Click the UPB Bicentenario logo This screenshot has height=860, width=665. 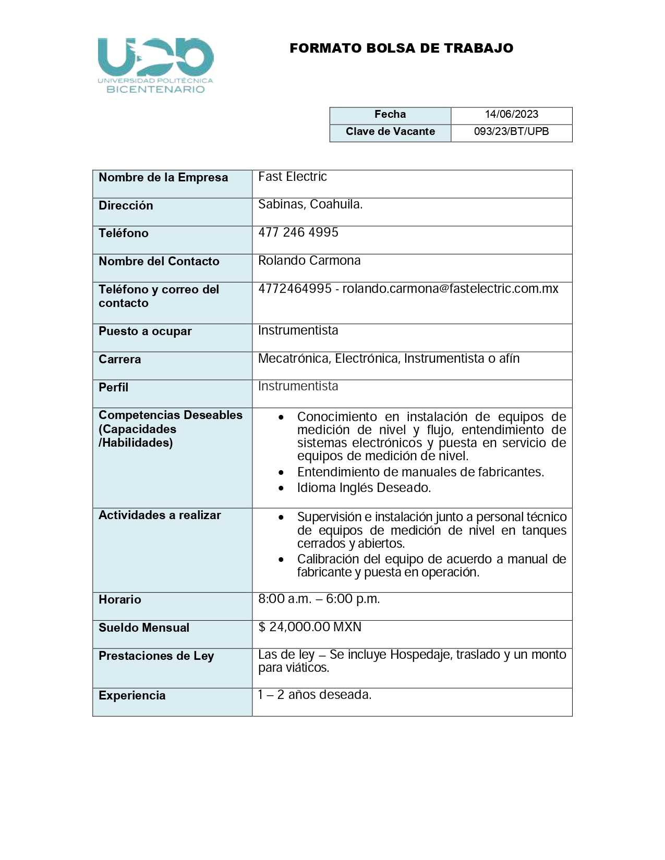pos(155,65)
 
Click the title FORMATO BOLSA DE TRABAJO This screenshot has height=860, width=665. pos(401,48)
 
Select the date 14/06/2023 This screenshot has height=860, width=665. pos(511,115)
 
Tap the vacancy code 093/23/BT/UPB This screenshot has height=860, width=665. pos(511,132)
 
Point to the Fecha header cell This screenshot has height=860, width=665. pos(390,115)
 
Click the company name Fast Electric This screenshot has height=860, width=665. pos(293,177)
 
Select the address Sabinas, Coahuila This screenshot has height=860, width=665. pos(310,204)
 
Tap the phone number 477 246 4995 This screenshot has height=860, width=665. pos(298,232)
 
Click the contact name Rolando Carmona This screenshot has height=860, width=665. pos(309,261)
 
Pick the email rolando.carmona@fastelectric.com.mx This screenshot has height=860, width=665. pos(450,289)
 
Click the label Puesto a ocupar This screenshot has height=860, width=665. pos(145,331)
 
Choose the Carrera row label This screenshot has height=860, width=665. pos(119,360)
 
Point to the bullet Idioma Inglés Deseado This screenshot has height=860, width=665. pos(364,488)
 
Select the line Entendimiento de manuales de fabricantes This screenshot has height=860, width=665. pos(420,472)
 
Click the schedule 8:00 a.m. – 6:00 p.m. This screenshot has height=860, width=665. pos(319,599)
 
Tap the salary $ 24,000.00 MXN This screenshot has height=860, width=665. pos(310,627)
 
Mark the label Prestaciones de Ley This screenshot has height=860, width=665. pos(156,656)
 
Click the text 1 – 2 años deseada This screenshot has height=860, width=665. pos(315,695)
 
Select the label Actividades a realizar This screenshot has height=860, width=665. pos(160,515)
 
